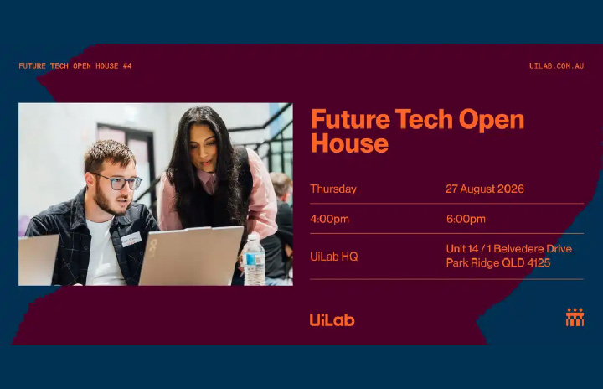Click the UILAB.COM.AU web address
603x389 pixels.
[556, 66]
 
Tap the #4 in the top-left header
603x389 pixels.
[127, 66]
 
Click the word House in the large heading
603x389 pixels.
[349, 143]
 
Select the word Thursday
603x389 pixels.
[333, 189]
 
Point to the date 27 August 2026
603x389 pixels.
[485, 189]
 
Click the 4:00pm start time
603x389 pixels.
[330, 219]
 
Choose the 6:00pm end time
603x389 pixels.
[466, 219]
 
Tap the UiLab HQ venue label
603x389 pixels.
[334, 257]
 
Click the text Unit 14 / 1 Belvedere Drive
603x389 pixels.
[509, 249]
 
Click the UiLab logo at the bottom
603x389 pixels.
[332, 320]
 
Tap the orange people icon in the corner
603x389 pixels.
[575, 318]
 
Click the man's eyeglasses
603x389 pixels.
[118, 182]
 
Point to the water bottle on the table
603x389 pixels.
[254, 260]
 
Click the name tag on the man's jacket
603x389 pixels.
[131, 239]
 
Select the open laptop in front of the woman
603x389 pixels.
[191, 257]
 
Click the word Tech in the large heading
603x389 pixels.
[424, 119]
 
